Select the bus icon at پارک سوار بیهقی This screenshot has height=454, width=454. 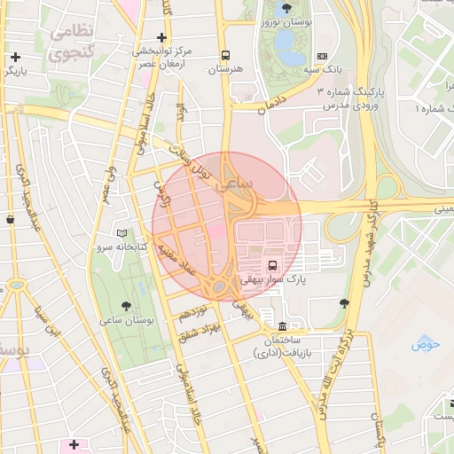point(272,265)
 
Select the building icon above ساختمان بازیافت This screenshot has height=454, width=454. point(282,325)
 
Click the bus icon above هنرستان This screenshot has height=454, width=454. point(226,53)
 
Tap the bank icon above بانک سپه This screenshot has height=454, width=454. point(321,55)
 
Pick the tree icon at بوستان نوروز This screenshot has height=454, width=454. point(286,7)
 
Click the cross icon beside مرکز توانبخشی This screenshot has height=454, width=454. point(160,37)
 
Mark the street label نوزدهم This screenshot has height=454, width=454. point(192,313)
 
